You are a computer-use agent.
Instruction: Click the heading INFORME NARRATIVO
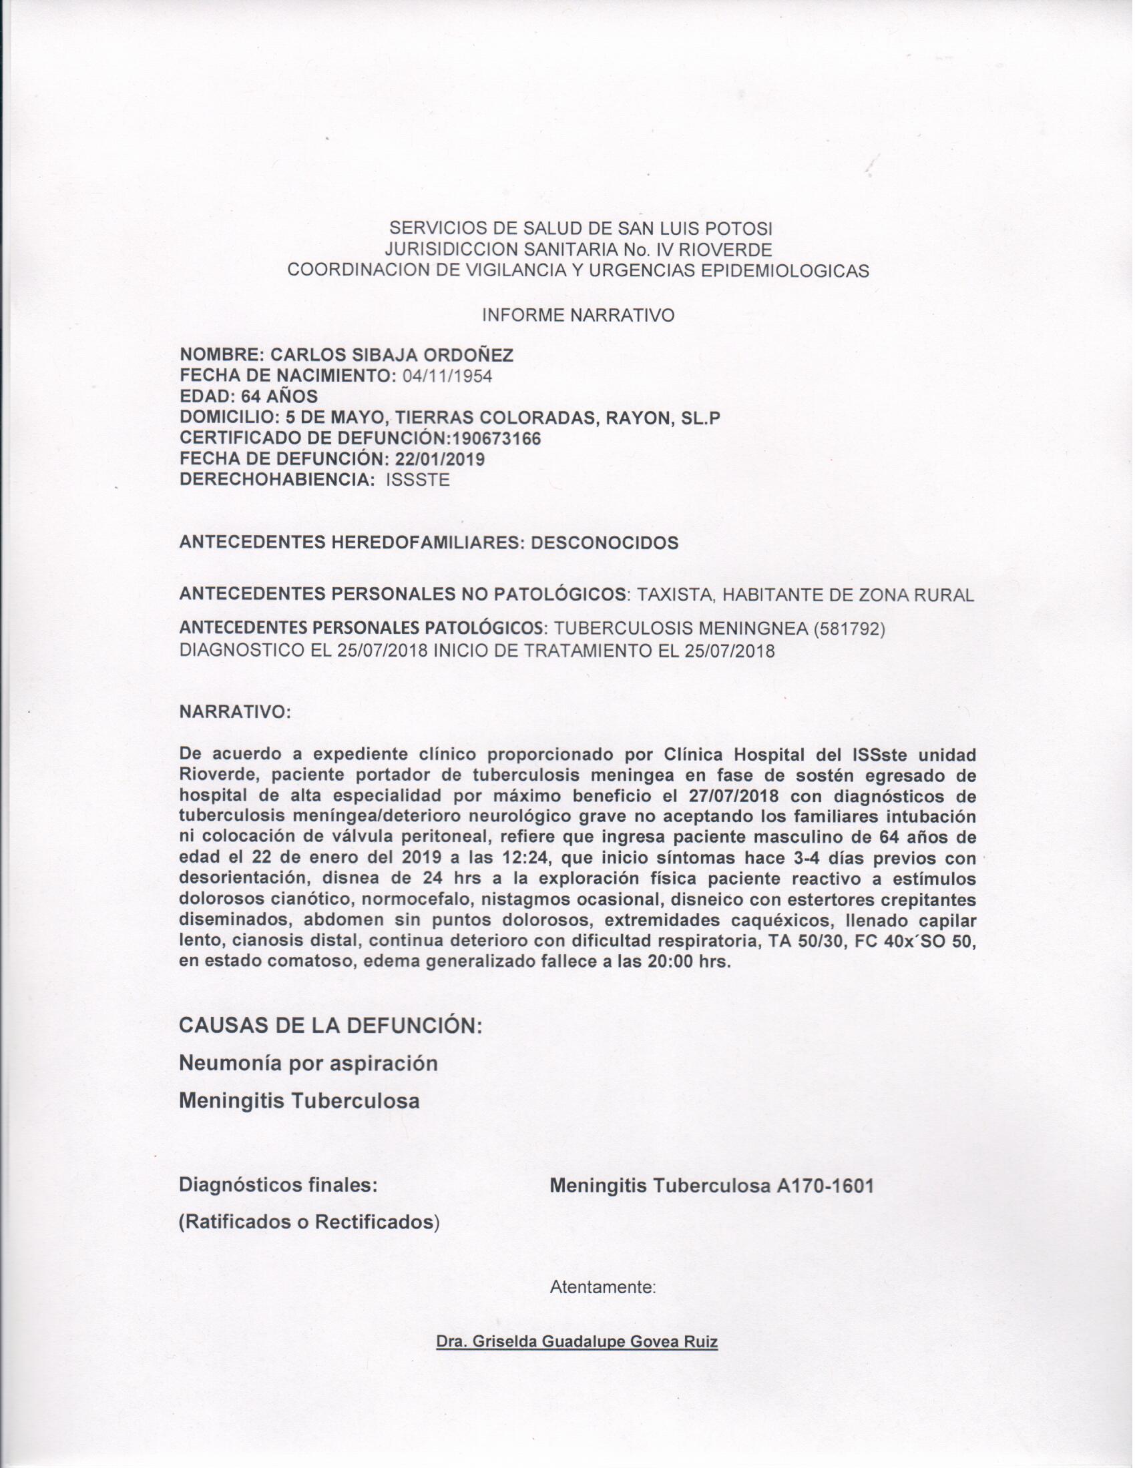pos(578,315)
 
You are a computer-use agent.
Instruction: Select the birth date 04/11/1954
pos(447,376)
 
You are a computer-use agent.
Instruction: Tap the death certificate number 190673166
pos(497,438)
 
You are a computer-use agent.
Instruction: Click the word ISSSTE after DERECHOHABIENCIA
pos(417,480)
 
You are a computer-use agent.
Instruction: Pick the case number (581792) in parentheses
pos(849,629)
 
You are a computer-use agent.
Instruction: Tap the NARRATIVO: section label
pos(234,713)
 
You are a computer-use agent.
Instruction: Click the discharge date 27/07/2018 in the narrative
pos(735,796)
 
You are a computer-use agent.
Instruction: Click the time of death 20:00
pos(670,962)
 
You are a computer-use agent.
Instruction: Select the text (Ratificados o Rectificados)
pos(308,1222)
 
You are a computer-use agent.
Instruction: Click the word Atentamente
pos(602,1288)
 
